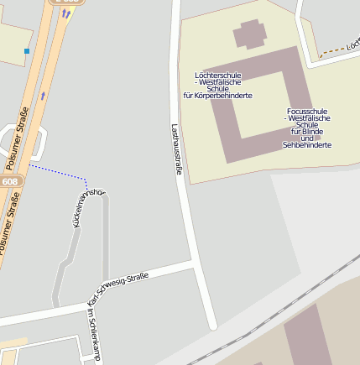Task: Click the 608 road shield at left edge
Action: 9,181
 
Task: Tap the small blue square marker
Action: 27,51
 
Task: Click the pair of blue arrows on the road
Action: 66,13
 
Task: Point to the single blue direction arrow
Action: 43,96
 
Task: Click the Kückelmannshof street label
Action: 90,207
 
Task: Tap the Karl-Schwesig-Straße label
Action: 118,288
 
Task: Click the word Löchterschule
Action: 217,76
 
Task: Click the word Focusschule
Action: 307,111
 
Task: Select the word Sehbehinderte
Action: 307,145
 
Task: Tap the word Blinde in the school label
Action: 307,132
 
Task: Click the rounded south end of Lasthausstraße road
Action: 212,323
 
